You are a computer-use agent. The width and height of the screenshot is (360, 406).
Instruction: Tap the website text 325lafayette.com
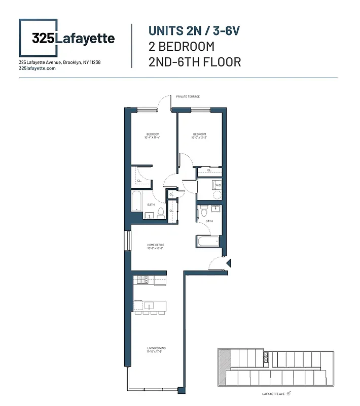(x=37, y=68)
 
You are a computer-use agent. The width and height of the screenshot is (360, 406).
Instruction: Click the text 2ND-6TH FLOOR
(x=195, y=62)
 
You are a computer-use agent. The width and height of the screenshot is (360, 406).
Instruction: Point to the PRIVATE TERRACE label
(x=188, y=96)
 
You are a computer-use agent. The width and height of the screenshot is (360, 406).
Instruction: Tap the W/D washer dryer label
(x=218, y=185)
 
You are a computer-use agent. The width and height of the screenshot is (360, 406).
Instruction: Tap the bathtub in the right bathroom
(x=207, y=241)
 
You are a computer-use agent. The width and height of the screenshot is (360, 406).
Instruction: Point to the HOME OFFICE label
(x=156, y=245)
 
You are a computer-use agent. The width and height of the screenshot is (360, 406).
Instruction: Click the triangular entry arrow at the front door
(x=229, y=263)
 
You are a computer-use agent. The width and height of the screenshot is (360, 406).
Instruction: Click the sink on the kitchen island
(x=149, y=306)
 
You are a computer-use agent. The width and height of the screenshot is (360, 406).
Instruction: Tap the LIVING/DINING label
(x=156, y=348)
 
